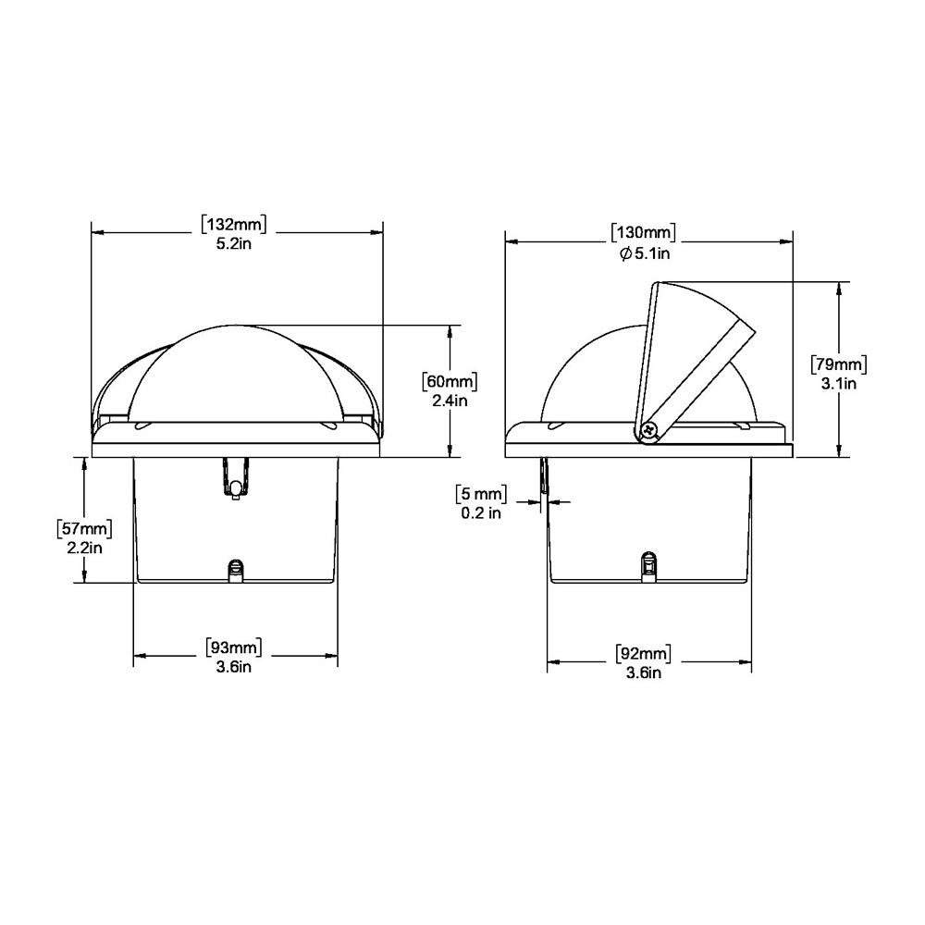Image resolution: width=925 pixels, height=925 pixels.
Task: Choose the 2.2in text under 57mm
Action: (x=85, y=548)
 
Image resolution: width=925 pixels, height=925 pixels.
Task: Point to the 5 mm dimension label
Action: (x=481, y=492)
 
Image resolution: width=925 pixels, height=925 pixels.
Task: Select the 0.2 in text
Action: (x=481, y=512)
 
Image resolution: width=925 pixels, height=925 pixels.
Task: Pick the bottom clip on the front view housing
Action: (x=236, y=570)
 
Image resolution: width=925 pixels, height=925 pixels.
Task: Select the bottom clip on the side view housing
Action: (x=649, y=564)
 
